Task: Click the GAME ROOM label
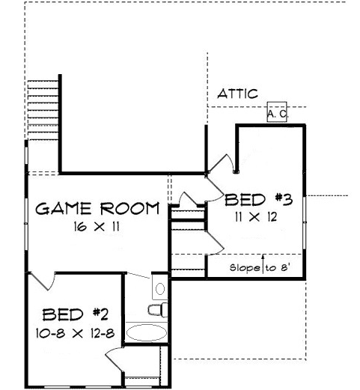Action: [97, 208]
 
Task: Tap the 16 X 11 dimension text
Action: [97, 227]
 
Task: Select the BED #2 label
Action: [76, 314]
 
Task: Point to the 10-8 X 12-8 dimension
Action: [75, 333]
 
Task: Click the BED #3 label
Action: [258, 200]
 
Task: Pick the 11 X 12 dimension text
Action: [256, 217]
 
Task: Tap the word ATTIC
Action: [237, 94]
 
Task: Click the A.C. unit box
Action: [277, 112]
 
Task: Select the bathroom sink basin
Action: [160, 289]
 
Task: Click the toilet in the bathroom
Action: [158, 310]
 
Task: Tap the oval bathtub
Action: [147, 332]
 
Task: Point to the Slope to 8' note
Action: [260, 268]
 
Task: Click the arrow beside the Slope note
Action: [263, 264]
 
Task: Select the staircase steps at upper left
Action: [43, 110]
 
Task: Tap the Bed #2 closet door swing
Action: [115, 359]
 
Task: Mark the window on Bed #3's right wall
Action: [305, 222]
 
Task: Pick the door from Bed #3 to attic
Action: [221, 163]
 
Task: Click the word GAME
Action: [64, 209]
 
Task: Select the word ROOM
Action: [130, 208]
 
